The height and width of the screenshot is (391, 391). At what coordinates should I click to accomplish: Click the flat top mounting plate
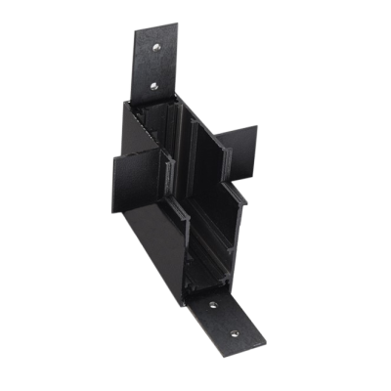[x=154, y=65]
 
